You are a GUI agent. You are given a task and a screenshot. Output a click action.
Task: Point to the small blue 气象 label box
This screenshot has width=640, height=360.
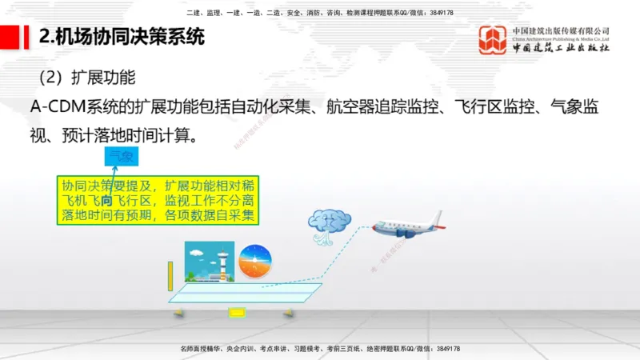click(122, 158)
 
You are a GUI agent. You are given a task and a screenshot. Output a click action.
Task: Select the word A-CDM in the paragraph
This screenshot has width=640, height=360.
click(58, 108)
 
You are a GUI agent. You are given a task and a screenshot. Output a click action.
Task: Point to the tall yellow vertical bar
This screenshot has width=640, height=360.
click(170, 276)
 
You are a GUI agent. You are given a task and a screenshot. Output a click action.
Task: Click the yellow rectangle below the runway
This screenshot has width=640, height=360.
click(238, 312)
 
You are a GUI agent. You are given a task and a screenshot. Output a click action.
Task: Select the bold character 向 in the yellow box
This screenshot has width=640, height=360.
click(106, 200)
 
